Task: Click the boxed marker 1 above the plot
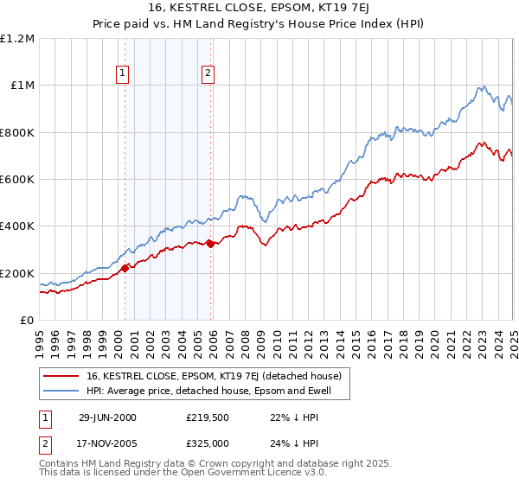tap(123, 74)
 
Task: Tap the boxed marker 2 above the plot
tap(208, 74)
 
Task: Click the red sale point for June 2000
tap(125, 268)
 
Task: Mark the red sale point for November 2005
tap(210, 244)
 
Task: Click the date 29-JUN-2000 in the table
tap(107, 417)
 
